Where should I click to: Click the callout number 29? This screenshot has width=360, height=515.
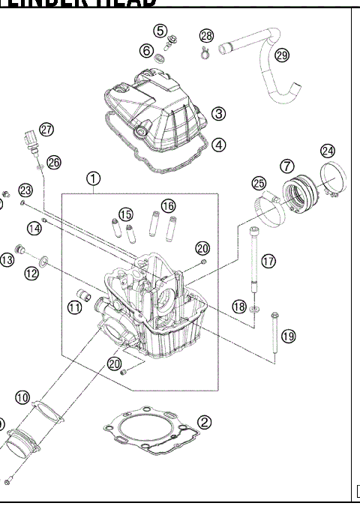pos(282,55)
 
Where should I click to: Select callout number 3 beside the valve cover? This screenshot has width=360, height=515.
pos(218,114)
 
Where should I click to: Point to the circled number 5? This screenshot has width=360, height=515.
pos(160,31)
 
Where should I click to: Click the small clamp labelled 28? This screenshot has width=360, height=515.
pos(202,52)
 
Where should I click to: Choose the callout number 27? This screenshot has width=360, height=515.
pos(47,130)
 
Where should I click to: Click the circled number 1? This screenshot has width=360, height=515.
pos(92,178)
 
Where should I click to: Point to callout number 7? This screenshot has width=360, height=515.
pos(287,165)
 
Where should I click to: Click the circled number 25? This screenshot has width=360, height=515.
pos(259,184)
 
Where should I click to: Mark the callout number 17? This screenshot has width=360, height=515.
pos(268,261)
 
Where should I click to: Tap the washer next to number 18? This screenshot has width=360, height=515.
pos(256,308)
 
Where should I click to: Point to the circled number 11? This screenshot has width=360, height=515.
pos(74,307)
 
